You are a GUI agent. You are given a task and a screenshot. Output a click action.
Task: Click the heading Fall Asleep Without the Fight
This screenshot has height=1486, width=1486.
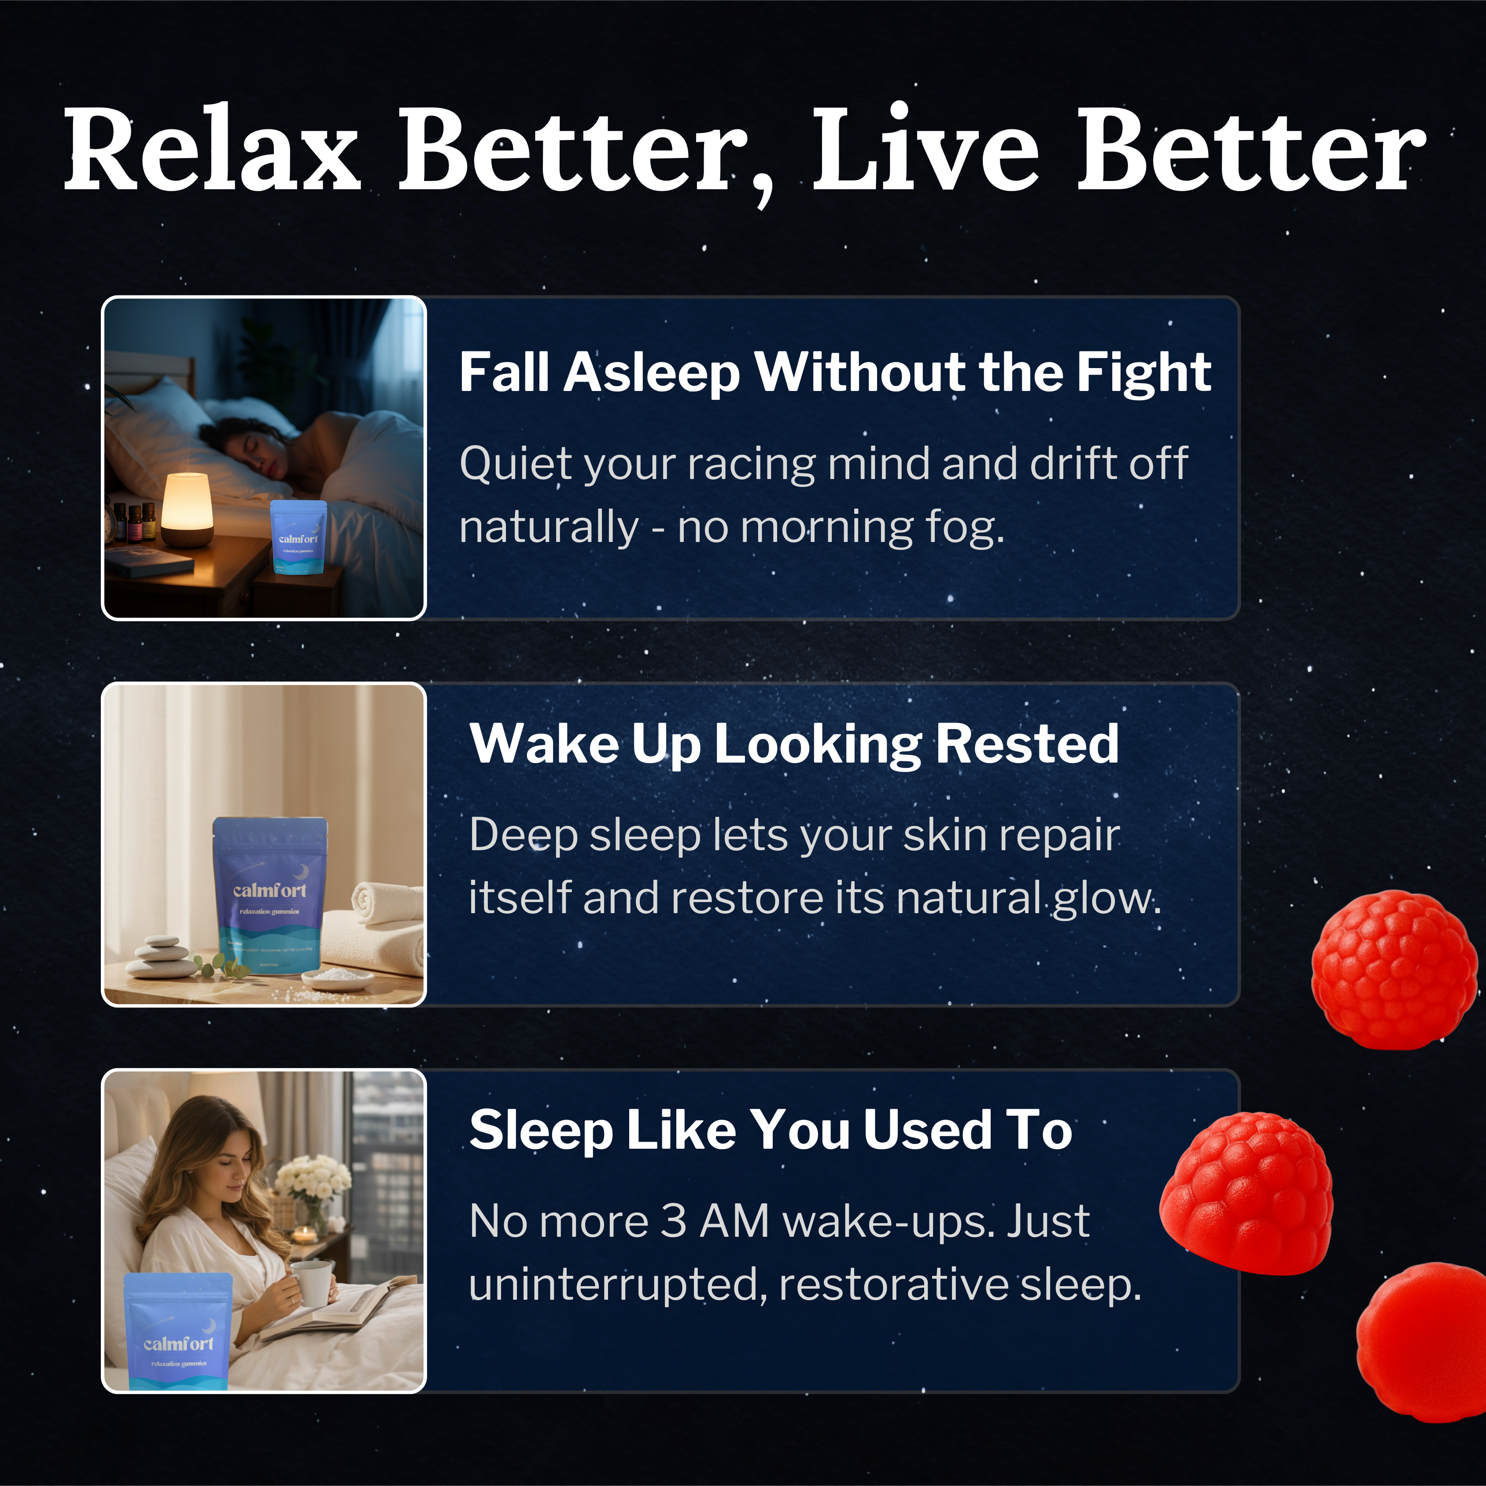pos(834,373)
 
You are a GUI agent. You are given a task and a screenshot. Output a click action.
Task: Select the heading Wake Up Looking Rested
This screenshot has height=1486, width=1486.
pos(794,745)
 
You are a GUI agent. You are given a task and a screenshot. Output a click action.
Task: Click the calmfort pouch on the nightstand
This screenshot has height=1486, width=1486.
pos(299,536)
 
